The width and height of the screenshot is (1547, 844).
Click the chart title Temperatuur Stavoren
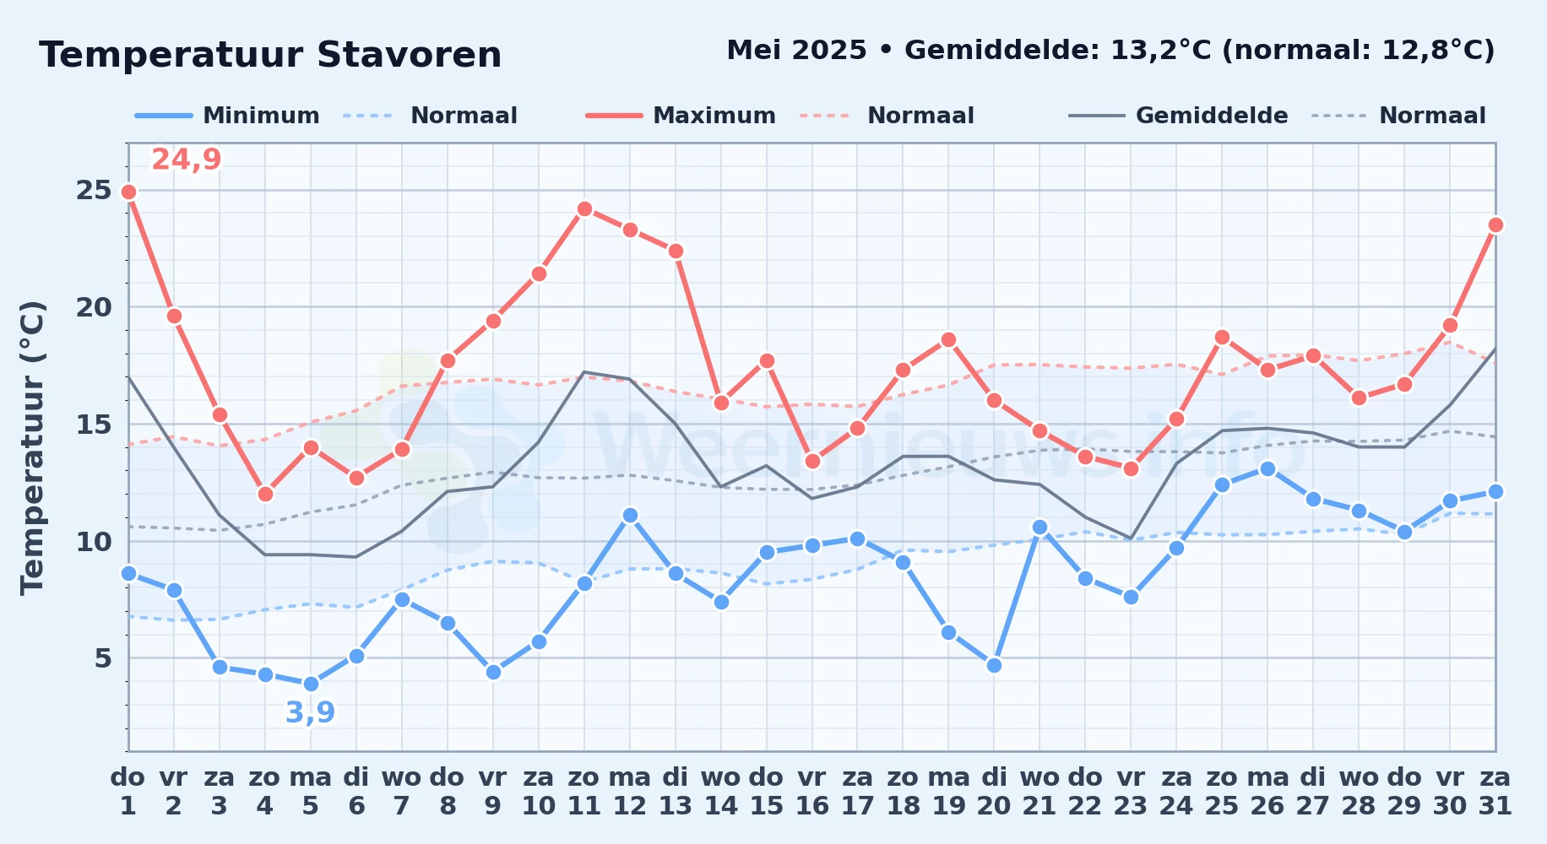[270, 55]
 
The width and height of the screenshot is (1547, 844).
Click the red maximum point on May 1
[128, 192]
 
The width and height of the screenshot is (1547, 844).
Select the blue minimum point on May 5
[311, 684]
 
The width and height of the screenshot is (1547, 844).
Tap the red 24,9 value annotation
[187, 160]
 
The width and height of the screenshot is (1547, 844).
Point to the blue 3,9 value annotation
[311, 713]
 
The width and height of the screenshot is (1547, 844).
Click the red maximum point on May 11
[584, 208]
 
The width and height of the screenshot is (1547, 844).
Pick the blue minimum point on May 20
[994, 665]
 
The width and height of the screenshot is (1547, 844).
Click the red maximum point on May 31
[1495, 225]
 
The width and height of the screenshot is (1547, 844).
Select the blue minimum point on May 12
[630, 515]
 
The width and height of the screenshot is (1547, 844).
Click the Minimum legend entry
[227, 116]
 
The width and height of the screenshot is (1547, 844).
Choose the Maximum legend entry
[681, 116]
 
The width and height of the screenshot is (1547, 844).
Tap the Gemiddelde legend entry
[1179, 116]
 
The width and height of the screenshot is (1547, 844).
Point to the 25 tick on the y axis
[94, 190]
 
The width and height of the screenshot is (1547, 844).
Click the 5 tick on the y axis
[103, 657]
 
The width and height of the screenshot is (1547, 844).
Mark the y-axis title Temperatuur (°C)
[32, 447]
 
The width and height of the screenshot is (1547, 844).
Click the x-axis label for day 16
[812, 792]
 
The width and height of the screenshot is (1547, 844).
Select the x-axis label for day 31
[1495, 792]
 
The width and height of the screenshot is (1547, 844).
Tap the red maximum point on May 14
[721, 403]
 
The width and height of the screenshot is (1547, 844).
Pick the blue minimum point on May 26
[1267, 468]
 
